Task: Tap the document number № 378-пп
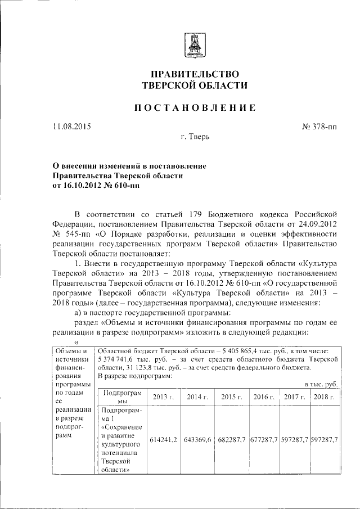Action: (319, 127)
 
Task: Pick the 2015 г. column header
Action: (231, 397)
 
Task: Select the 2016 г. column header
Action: (264, 397)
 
